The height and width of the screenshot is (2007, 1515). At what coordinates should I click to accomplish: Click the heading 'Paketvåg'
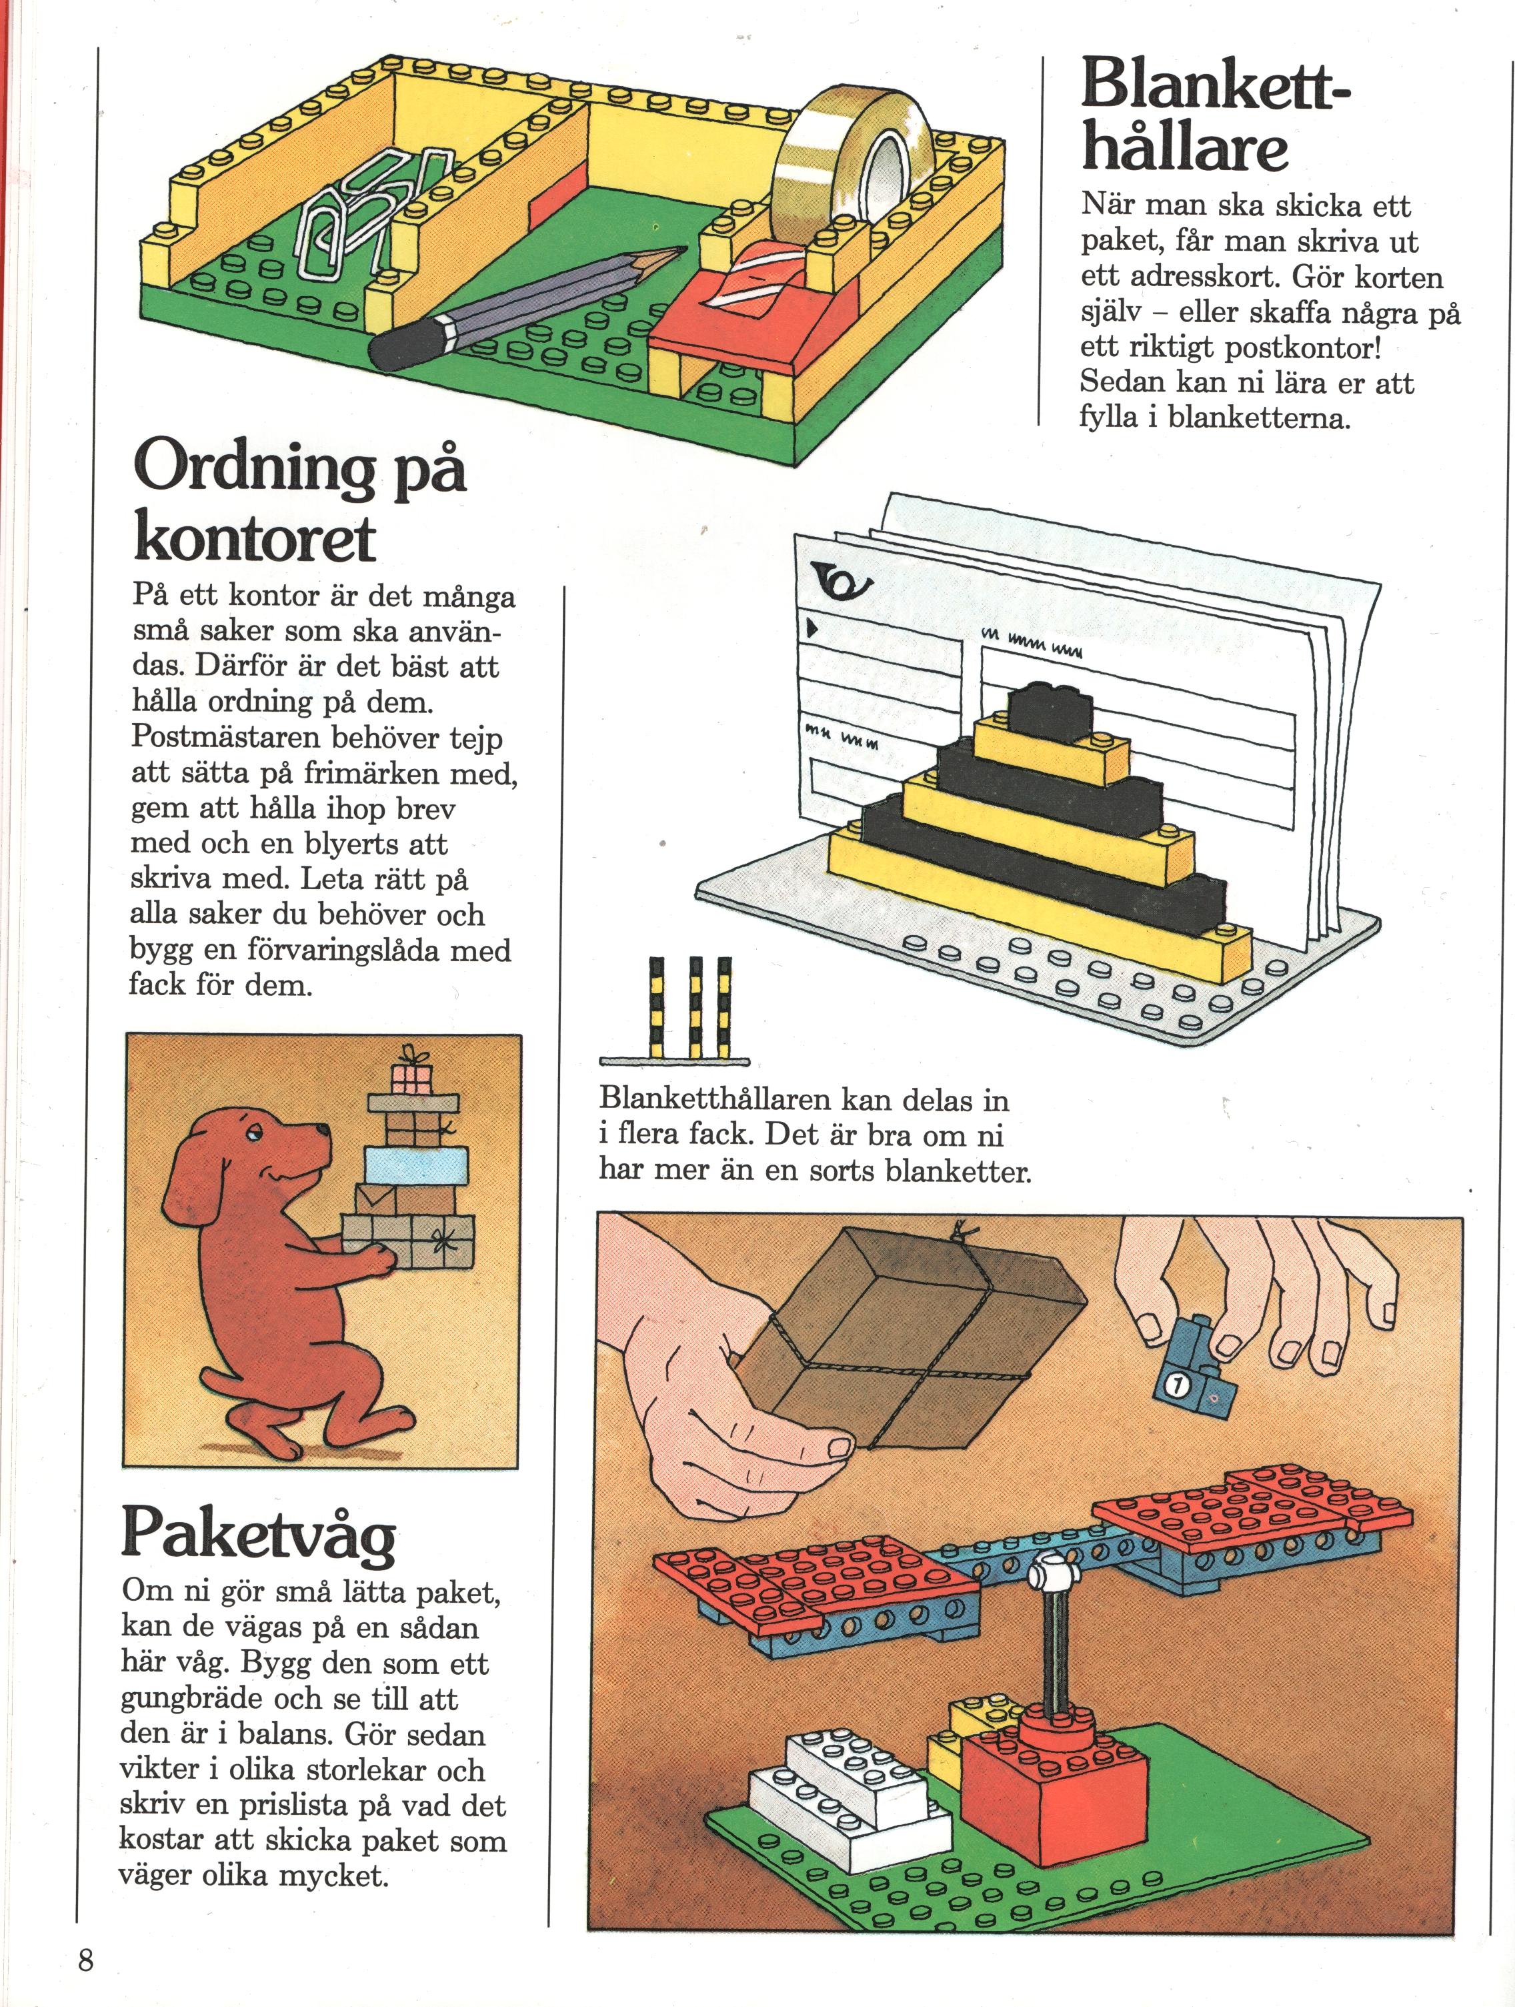click(x=259, y=1534)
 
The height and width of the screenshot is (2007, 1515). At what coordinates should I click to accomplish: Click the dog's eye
click(x=251, y=1133)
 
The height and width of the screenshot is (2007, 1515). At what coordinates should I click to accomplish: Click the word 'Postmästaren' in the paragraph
click(x=222, y=737)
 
